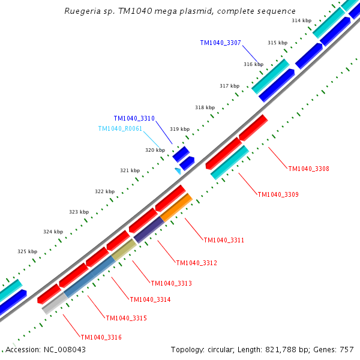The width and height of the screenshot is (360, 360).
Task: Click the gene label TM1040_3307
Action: (220, 43)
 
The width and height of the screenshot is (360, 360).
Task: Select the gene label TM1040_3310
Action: (134, 119)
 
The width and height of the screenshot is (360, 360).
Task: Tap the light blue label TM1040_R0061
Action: (120, 128)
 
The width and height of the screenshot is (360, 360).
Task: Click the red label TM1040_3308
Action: (308, 169)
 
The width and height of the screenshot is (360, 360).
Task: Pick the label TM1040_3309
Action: (278, 194)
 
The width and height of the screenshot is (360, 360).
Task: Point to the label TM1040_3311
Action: (224, 240)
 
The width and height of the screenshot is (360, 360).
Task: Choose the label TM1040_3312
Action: (196, 263)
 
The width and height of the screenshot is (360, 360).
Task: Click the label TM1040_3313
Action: (171, 283)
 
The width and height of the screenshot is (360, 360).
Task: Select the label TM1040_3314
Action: (150, 299)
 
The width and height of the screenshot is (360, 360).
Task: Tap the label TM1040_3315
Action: (126, 318)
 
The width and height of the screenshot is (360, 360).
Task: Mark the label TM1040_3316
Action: (101, 337)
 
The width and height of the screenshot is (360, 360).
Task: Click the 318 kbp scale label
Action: (205, 107)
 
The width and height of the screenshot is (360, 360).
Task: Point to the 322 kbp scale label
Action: (104, 191)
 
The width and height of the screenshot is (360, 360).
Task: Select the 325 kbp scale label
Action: (27, 251)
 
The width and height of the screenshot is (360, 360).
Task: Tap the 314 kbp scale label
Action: (301, 20)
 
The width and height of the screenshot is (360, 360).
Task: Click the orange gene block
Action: (176, 207)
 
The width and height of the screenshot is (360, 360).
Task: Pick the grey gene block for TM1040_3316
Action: (53, 304)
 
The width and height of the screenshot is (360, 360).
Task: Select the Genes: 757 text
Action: (337, 349)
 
